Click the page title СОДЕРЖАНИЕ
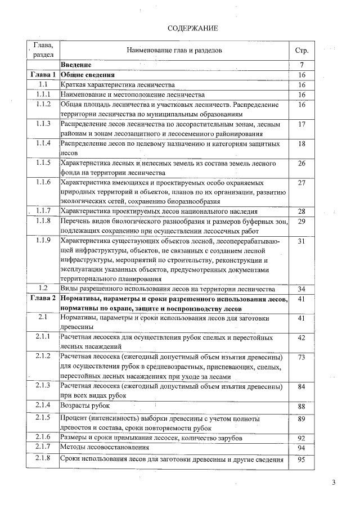[192, 28]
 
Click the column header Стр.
[301, 51]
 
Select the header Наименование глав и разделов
[174, 51]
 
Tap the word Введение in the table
[76, 65]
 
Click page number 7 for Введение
[302, 65]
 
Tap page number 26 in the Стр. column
[302, 163]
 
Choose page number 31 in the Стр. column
[302, 241]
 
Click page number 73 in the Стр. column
[302, 357]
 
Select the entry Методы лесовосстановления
[105, 448]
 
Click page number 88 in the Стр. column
[302, 406]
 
